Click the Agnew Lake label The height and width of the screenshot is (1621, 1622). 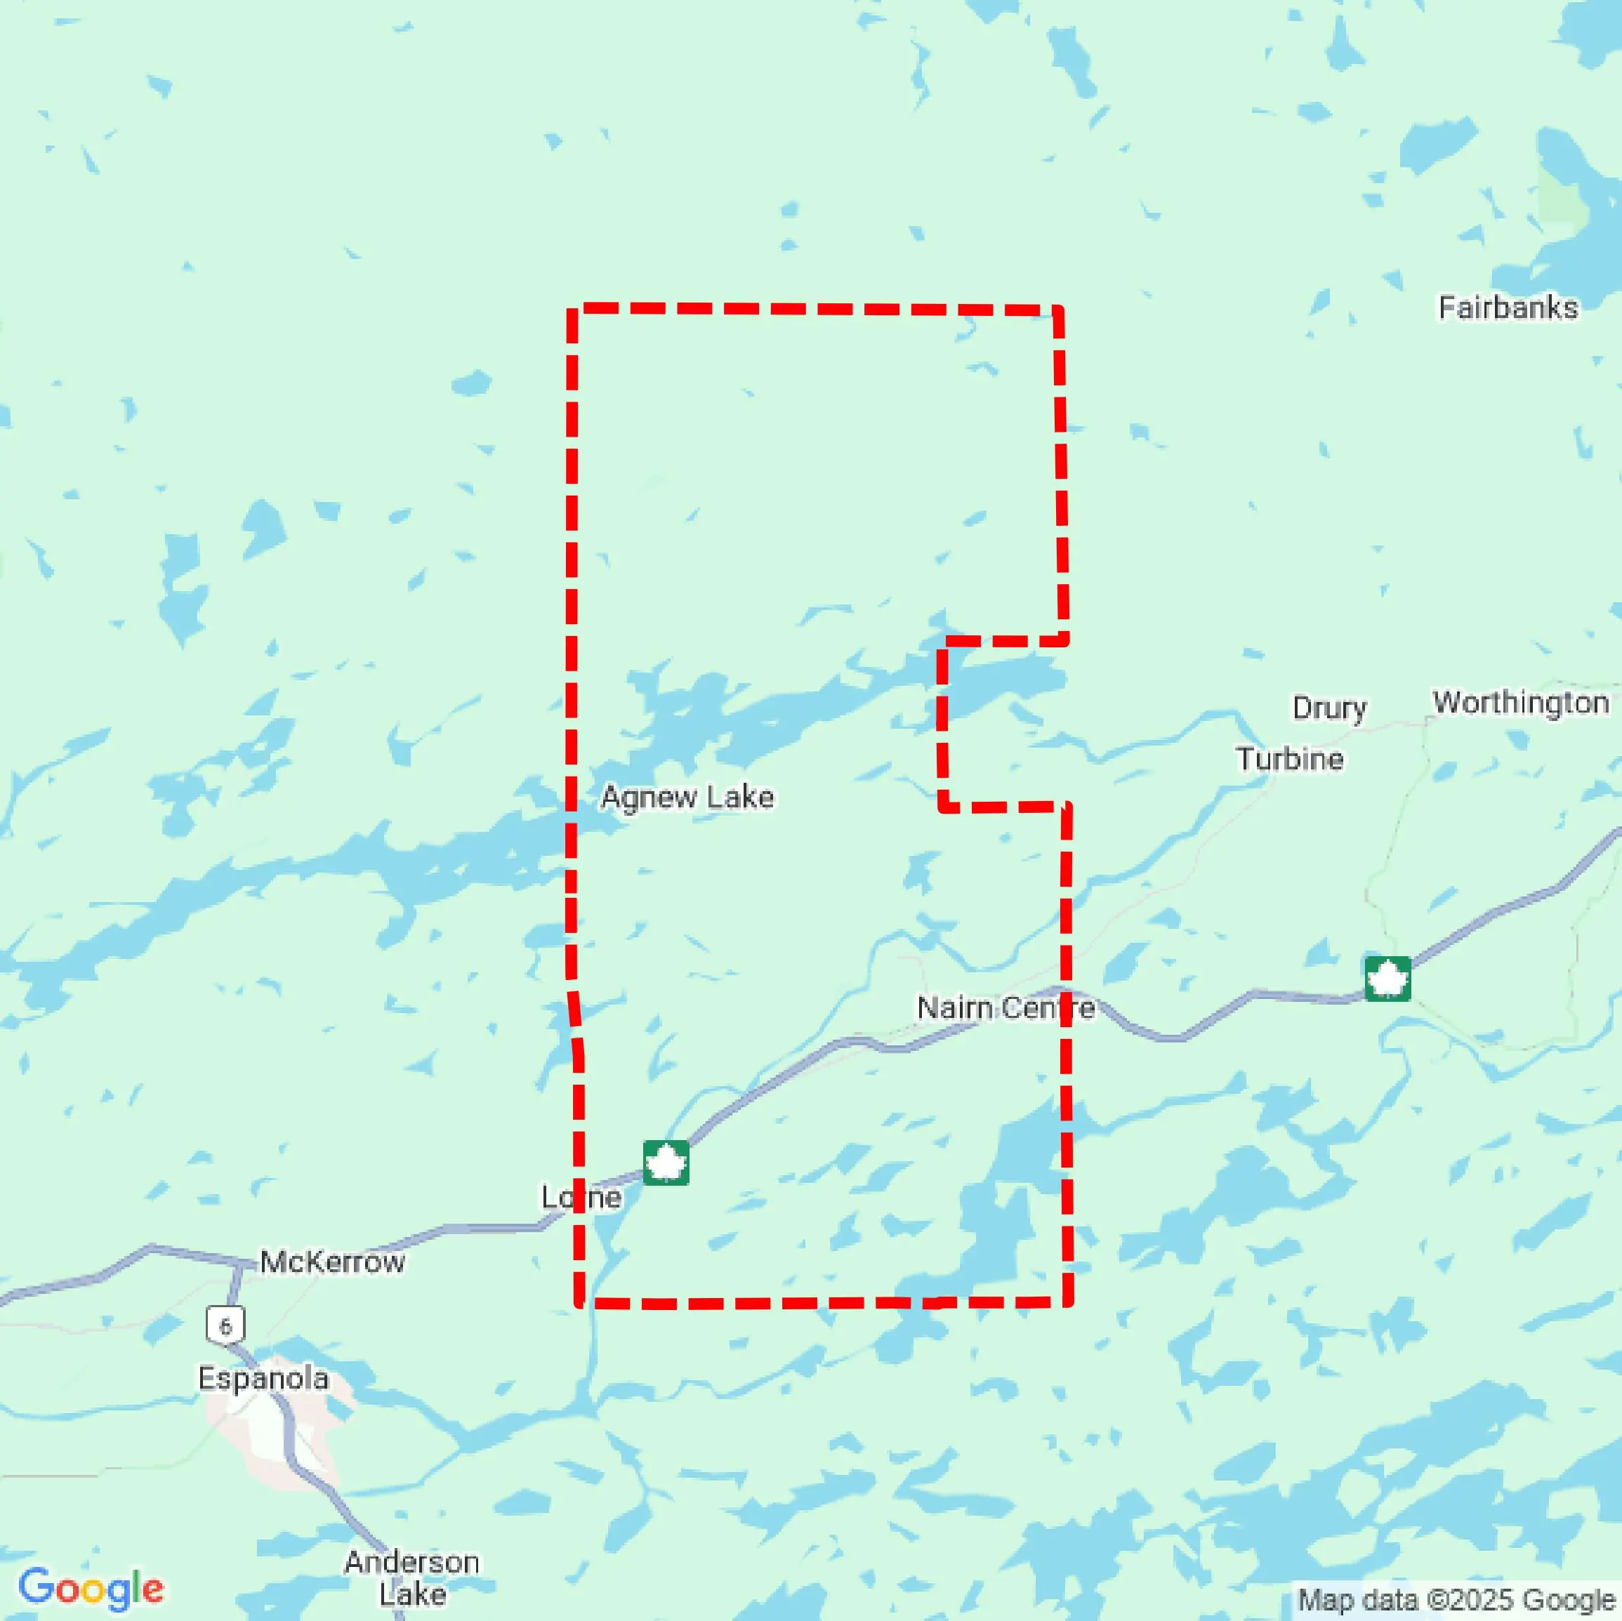pos(687,797)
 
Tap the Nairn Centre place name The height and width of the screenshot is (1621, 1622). pos(1005,1007)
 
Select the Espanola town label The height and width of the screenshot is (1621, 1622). pos(263,1378)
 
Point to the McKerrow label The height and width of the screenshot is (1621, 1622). pos(332,1261)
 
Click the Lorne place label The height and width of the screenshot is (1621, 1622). pos(581,1196)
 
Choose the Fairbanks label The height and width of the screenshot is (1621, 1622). pos(1508,308)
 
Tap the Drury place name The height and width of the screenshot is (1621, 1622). pos(1329,708)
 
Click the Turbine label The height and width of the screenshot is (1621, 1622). pos(1290,759)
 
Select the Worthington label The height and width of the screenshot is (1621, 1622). pos(1520,703)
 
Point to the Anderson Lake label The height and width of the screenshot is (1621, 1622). pos(411,1577)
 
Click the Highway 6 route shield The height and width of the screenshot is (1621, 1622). pos(225,1326)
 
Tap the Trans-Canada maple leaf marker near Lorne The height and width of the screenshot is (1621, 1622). pos(666,1163)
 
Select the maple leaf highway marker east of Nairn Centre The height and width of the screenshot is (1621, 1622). pos(1387,979)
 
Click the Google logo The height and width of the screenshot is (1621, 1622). pos(91,1587)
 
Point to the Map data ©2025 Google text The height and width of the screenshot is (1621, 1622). pos(1456,1600)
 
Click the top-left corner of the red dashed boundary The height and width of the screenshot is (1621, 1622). pos(572,310)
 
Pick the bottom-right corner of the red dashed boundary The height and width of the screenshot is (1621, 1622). pos(1067,1302)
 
